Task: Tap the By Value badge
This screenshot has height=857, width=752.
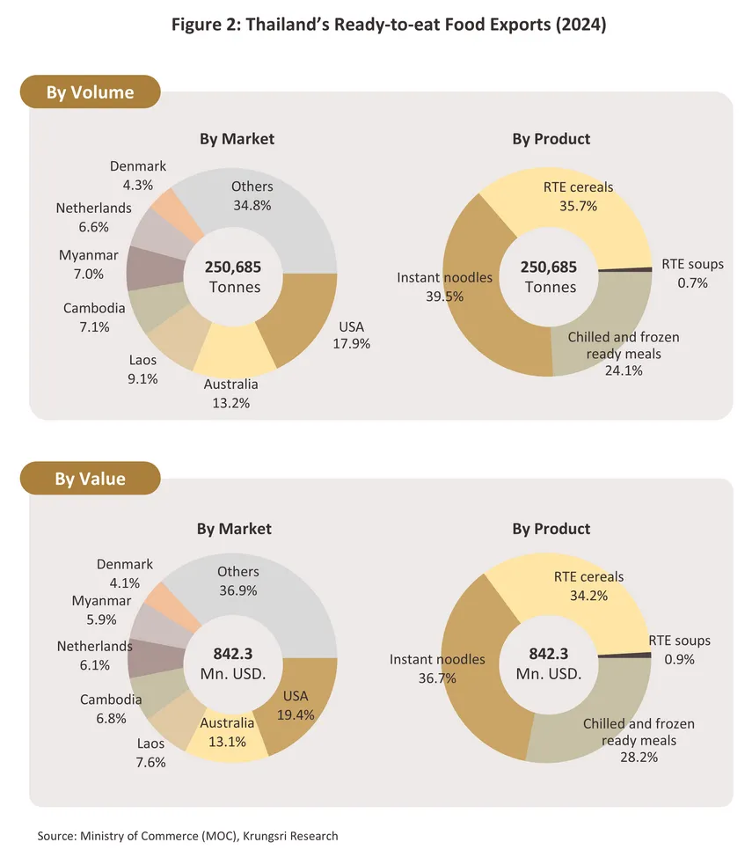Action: (90, 479)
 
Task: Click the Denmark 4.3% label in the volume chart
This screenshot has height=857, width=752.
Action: (138, 176)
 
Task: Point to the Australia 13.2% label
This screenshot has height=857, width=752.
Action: (231, 393)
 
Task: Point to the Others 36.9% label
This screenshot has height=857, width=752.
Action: (237, 582)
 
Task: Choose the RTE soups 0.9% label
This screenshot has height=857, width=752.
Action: (679, 649)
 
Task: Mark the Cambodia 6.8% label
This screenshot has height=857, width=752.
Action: (111, 709)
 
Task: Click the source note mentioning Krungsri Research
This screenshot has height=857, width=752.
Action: (187, 835)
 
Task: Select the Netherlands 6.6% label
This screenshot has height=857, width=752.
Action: (93, 217)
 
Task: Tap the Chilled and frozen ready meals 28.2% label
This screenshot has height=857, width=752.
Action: (638, 740)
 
